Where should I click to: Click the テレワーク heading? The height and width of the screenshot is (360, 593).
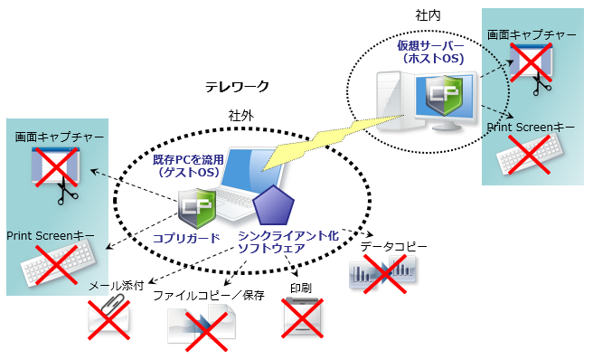(x=237, y=87)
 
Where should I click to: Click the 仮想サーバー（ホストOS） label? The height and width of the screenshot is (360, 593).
(x=430, y=52)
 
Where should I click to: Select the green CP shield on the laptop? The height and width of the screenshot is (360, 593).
(x=198, y=208)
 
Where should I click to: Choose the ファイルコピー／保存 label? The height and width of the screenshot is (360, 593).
(x=208, y=296)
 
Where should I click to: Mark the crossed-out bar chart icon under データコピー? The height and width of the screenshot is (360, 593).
(x=383, y=270)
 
